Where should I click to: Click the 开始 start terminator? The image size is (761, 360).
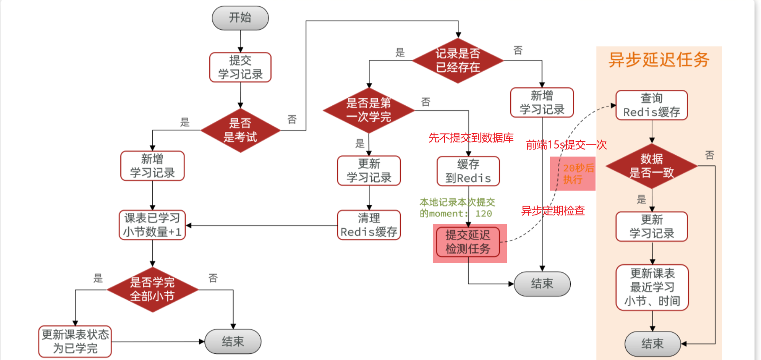pos(240,18)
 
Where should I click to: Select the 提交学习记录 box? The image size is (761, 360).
pos(240,67)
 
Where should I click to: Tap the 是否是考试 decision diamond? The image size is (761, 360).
pos(240,130)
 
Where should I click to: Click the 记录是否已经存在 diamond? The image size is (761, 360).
pos(458,61)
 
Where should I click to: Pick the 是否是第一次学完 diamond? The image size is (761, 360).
pos(369,110)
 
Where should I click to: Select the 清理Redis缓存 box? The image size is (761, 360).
pos(369,225)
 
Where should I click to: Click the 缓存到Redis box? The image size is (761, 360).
pos(468,171)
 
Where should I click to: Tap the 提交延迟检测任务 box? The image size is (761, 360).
pos(468,242)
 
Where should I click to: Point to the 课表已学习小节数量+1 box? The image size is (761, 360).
pos(152,225)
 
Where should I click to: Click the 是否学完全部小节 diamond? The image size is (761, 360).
pos(152,290)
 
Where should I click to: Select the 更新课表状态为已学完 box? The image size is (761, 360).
pos(75,341)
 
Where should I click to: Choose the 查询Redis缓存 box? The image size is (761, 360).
pos(652,105)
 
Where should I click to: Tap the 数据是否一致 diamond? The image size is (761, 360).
pos(652,166)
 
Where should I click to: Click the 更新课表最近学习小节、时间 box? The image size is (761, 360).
pos(652,287)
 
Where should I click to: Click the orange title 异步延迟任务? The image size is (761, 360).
pos(659,60)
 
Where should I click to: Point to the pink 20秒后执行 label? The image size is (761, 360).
pos(573,173)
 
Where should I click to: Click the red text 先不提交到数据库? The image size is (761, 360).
pos(471,138)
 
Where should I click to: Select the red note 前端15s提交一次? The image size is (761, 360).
pos(566,145)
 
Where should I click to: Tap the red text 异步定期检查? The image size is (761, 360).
pos(553,211)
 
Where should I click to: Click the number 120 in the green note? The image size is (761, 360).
pos(484,214)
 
